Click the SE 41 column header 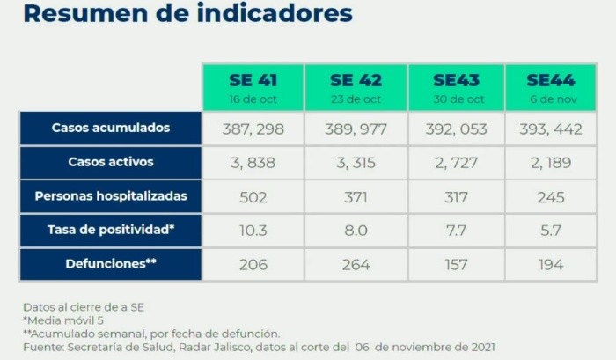tap(253, 86)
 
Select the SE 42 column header tap(355, 86)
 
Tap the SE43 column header tap(456, 86)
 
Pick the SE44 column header tap(550, 86)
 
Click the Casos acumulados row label tap(111, 128)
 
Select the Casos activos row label tap(111, 162)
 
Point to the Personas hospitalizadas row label tap(111, 196)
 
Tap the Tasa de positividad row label tap(111, 231)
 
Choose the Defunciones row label tap(111, 264)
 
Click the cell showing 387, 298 tap(253, 129)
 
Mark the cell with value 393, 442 tap(550, 129)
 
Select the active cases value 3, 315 tap(355, 163)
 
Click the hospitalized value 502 tap(253, 197)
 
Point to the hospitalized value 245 tap(550, 197)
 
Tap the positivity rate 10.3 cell tap(253, 231)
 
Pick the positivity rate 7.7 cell tap(456, 231)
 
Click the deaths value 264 tap(355, 265)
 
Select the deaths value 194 tap(550, 265)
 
